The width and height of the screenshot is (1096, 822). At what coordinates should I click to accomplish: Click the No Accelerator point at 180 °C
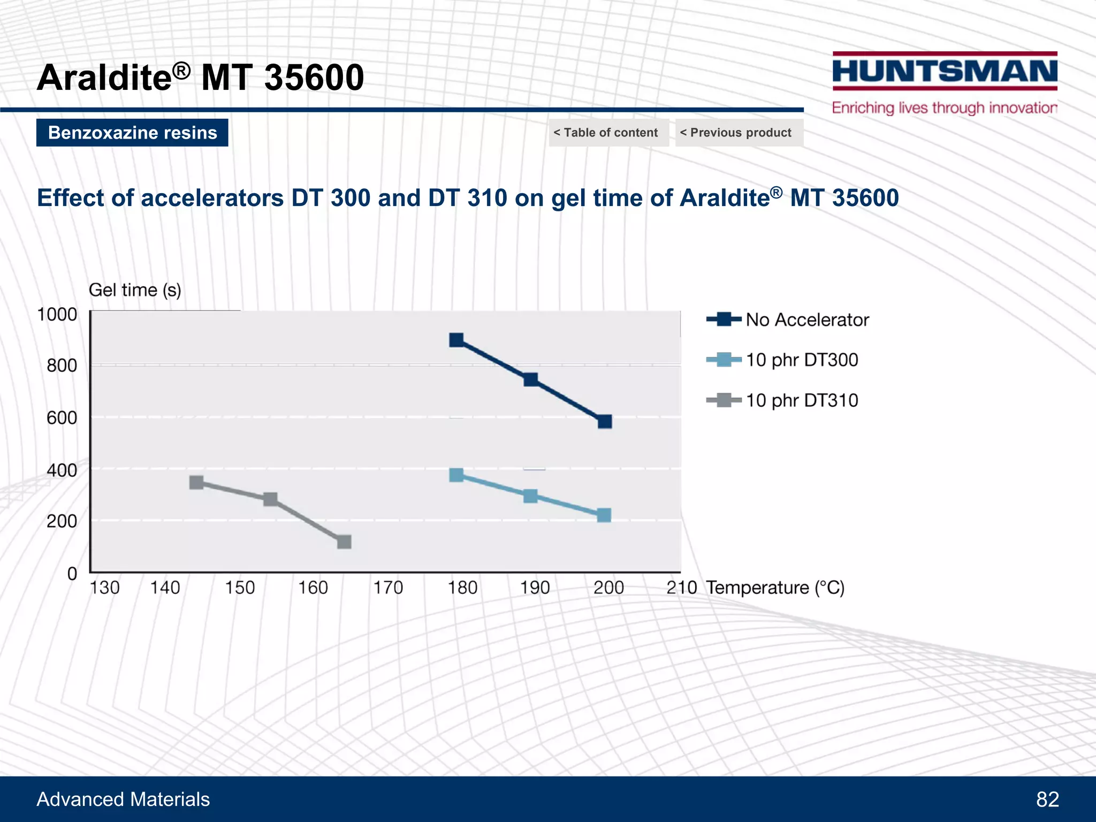[456, 340]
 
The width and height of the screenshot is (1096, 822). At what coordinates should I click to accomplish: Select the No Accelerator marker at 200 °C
[605, 422]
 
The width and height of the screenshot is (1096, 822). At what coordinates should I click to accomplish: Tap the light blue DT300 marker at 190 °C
[530, 496]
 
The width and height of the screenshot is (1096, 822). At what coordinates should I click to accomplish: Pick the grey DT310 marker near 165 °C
[344, 542]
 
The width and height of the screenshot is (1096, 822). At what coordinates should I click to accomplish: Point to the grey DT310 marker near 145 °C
[196, 482]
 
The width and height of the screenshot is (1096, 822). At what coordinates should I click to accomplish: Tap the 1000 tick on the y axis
[57, 315]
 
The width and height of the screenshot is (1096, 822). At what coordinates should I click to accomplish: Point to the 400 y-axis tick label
[62, 470]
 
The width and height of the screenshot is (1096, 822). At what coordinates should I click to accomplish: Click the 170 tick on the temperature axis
[388, 588]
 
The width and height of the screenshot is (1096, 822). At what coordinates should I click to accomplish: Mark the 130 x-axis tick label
[105, 588]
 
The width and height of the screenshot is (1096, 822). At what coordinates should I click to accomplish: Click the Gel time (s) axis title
[135, 290]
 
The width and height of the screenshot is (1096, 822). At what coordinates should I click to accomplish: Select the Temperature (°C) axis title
[775, 588]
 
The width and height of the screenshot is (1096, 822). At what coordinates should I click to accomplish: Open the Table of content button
[608, 133]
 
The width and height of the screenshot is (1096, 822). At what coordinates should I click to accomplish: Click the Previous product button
[739, 133]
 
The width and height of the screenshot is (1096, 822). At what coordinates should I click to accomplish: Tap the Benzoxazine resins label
[132, 133]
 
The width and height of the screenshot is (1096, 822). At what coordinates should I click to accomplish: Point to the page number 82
[1047, 799]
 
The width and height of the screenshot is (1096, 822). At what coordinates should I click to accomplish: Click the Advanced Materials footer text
[123, 799]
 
